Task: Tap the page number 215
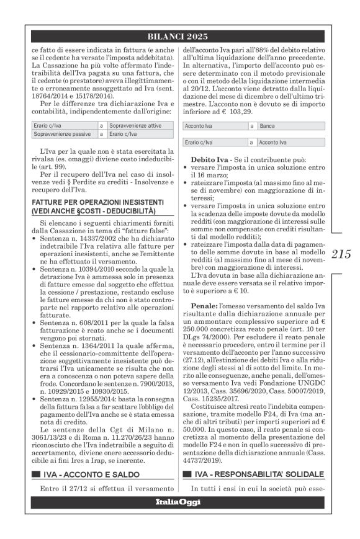(x=342, y=254)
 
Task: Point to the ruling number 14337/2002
(x=91, y=239)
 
